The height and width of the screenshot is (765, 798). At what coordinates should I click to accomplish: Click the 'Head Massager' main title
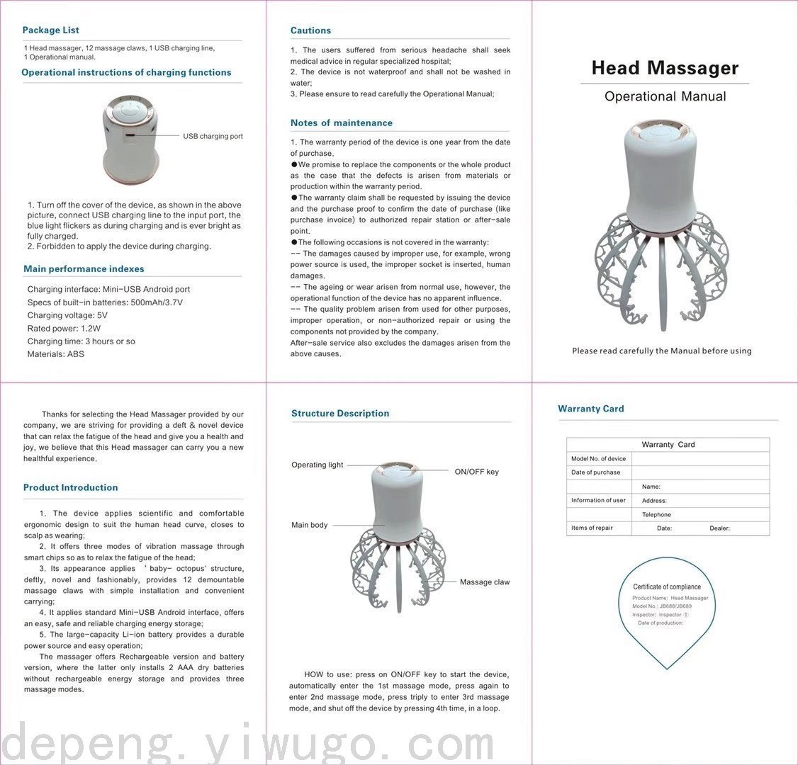[665, 69]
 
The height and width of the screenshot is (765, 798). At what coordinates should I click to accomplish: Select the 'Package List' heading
[50, 30]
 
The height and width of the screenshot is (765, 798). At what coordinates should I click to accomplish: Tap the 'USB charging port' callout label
[213, 136]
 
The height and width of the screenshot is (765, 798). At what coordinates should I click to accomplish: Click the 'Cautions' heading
[310, 30]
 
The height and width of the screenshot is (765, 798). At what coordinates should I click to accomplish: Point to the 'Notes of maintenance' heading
[341, 123]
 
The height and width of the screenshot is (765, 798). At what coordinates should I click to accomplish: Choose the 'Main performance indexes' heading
[84, 269]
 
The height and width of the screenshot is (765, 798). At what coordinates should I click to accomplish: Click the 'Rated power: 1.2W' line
[64, 329]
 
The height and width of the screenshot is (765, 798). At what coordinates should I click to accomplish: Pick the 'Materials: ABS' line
[55, 354]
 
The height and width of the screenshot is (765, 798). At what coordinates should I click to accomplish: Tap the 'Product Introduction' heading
[70, 488]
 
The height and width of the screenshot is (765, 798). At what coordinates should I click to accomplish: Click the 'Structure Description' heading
[340, 414]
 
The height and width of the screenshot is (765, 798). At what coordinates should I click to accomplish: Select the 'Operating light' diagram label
[317, 465]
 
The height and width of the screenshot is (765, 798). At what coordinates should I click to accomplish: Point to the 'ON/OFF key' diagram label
[476, 472]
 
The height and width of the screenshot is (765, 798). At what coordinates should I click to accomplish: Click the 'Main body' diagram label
[310, 526]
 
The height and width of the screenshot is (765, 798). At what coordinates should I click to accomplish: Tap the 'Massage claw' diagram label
[485, 582]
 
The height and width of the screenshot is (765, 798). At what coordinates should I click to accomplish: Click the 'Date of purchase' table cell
[595, 472]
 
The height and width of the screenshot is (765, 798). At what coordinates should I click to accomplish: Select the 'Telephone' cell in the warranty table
[656, 515]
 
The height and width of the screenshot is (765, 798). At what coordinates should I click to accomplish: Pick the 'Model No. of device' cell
[598, 459]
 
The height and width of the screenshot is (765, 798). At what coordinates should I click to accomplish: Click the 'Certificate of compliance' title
[667, 586]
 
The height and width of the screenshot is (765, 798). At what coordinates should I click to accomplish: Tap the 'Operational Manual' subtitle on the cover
[665, 97]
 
